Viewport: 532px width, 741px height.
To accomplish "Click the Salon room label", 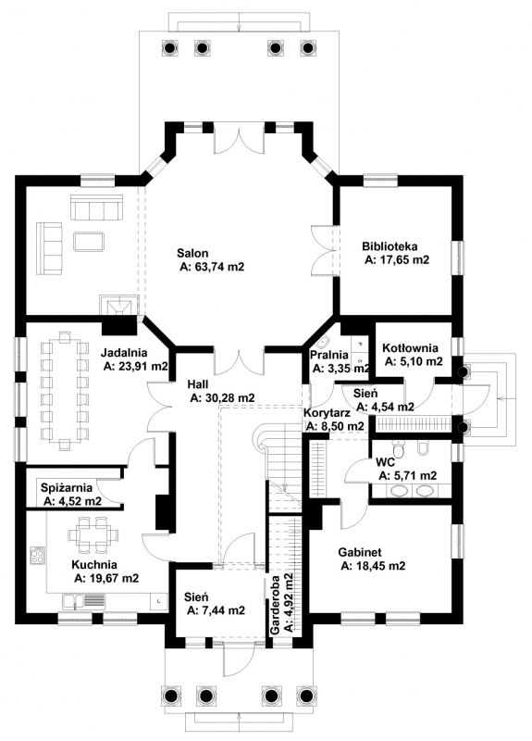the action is click(192, 253).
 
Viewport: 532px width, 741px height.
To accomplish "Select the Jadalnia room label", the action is click(124, 353).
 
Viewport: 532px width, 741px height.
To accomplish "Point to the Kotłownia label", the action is click(410, 348).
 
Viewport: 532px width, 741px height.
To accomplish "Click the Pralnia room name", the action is click(329, 355).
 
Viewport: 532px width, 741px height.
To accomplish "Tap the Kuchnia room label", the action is click(94, 564).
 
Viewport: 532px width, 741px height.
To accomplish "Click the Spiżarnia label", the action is click(66, 488).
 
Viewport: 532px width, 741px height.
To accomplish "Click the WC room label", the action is click(385, 461).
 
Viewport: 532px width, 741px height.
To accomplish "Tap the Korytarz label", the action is click(327, 413).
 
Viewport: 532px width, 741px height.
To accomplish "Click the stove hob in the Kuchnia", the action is click(38, 555).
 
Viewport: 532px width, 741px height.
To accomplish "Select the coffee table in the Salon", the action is click(89, 242).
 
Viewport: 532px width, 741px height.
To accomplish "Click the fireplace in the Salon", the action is click(119, 306).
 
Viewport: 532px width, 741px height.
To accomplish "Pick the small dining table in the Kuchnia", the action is click(93, 534).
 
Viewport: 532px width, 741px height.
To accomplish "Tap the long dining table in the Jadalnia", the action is click(65, 390).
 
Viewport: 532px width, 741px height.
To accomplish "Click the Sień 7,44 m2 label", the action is click(216, 604).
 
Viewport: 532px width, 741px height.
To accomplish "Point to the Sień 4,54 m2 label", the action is click(385, 400).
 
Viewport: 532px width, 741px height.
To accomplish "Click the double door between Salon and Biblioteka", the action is click(326, 250).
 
